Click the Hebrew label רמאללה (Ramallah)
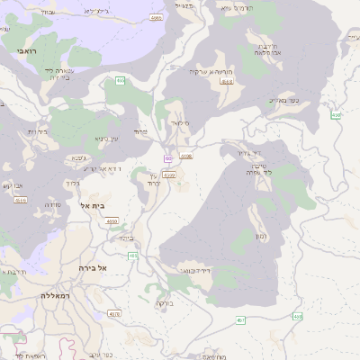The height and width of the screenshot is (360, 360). coord(55,294)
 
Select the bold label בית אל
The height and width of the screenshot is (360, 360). coord(93,206)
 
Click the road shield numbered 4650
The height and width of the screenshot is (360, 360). coord(112,220)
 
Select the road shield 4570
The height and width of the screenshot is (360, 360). coord(114,314)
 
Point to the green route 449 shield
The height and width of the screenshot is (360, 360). coord(336,115)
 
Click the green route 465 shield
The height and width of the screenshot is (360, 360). coord(121,81)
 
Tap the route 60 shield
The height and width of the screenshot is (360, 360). coord(167,158)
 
